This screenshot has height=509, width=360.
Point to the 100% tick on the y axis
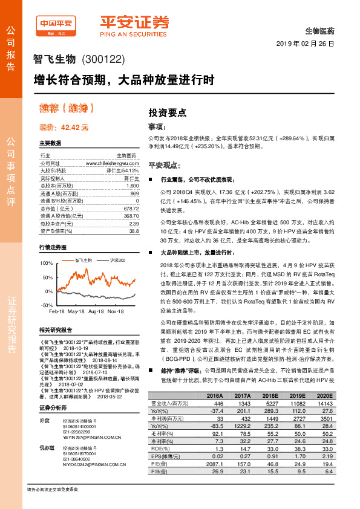pyautogui.click(x=47, y=264)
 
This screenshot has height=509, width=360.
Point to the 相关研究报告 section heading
pyautogui.click(x=55, y=330)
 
